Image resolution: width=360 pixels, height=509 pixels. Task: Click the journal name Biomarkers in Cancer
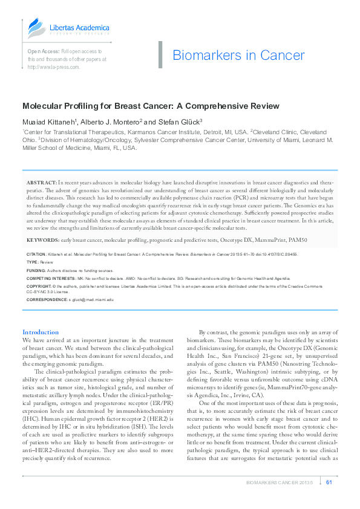[x=238, y=56]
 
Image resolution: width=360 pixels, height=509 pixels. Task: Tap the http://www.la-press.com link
[x=53, y=67]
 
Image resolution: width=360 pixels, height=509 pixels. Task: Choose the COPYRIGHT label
[x=38, y=285]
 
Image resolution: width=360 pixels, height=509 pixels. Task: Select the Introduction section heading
[x=41, y=332]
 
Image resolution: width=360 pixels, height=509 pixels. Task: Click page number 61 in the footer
[x=329, y=482]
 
